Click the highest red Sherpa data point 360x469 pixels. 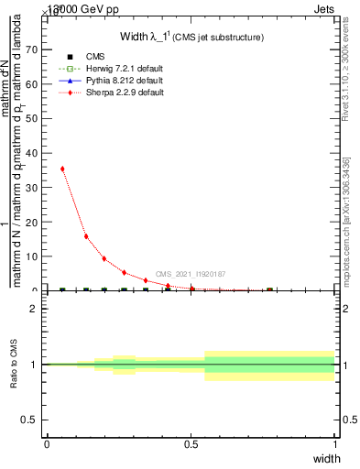(62, 169)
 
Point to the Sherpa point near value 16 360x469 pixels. (86, 236)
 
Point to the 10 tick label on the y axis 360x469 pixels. (33, 256)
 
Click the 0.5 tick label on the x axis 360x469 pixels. (191, 443)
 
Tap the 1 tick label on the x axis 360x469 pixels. (335, 443)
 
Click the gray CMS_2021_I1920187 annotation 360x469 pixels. (191, 274)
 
